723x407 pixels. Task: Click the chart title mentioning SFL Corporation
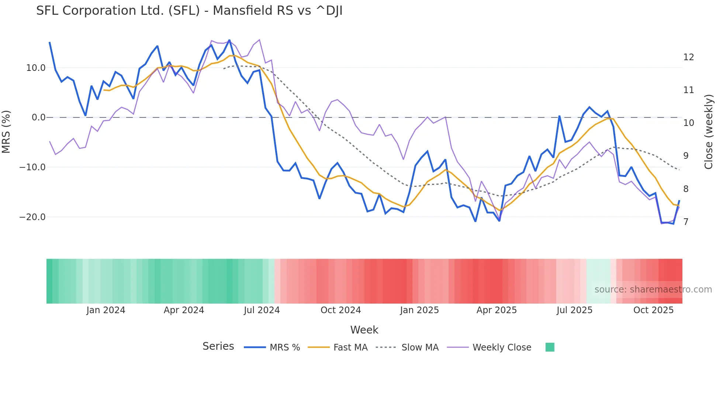(189, 11)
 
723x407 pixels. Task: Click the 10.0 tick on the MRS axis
(36, 68)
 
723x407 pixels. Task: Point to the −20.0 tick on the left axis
(32, 217)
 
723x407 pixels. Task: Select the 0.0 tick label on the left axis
(38, 117)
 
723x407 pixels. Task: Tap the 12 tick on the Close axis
(688, 57)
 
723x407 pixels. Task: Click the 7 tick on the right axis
(686, 222)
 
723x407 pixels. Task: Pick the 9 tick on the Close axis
(686, 156)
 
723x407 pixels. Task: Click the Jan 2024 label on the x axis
(106, 310)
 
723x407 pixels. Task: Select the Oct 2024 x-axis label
(340, 310)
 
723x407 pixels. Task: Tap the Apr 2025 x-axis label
(497, 310)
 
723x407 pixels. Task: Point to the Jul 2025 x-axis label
(574, 310)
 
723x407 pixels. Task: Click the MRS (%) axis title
(6, 132)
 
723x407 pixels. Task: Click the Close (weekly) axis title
(709, 132)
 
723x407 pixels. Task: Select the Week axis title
(364, 330)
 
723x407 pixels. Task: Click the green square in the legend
(550, 347)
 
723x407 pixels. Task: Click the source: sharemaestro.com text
(653, 290)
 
